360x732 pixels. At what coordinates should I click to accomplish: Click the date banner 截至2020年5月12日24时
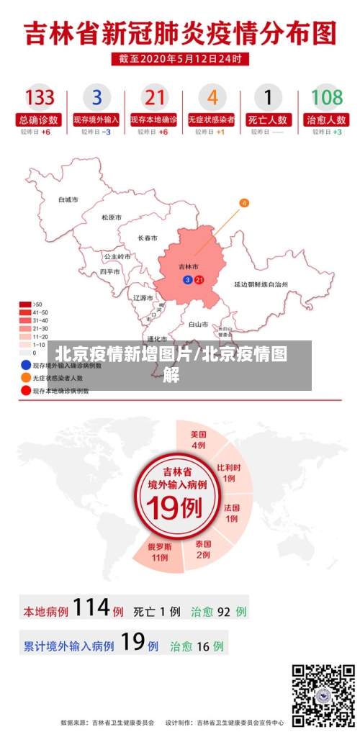(180, 59)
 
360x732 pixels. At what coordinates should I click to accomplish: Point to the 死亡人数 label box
(269, 119)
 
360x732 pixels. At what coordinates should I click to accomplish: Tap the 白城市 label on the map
(68, 199)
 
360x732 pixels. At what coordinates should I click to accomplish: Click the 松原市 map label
(112, 217)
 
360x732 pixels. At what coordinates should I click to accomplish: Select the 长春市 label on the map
(148, 238)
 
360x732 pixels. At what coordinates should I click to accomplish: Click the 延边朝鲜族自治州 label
(261, 284)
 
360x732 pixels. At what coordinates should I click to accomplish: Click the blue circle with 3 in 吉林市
(188, 279)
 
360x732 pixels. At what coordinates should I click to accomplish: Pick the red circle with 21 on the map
(199, 279)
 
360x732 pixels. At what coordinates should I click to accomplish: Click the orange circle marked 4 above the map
(244, 204)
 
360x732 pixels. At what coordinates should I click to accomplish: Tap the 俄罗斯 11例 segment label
(160, 551)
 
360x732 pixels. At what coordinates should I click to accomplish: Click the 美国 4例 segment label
(199, 440)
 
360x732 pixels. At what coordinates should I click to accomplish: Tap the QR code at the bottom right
(323, 693)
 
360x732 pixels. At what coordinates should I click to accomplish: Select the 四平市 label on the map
(109, 272)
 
